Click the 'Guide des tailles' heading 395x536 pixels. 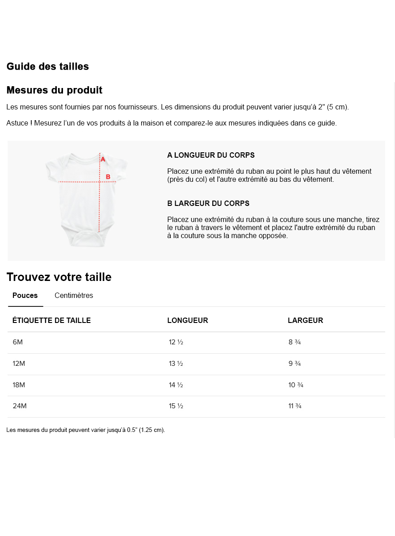coord(47,67)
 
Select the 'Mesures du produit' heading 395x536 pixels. coord(54,90)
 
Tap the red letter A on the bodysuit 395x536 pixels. coord(103,159)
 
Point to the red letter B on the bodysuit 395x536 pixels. coord(108,177)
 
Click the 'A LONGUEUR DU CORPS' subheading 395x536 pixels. coord(211,155)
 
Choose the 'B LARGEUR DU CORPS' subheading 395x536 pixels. coord(208,204)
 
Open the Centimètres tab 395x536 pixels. coord(74,296)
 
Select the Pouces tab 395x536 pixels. coord(25,296)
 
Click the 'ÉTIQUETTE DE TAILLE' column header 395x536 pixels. coord(51,321)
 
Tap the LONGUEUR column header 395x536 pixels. coord(188,321)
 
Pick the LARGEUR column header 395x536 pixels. coord(305,321)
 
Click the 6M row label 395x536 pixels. coord(17,342)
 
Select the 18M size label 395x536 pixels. coord(19,385)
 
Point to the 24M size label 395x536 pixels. coord(20,406)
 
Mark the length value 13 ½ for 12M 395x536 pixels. coord(176,364)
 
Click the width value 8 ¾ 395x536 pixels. coord(294,342)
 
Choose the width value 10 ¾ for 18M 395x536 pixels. coord(296,385)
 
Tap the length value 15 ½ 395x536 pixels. coord(176,406)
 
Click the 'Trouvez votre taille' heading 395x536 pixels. coord(59,277)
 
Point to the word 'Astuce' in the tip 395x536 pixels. coord(17,123)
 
